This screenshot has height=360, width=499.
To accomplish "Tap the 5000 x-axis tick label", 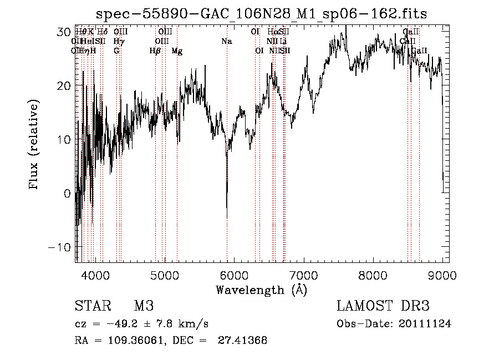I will click(165, 275).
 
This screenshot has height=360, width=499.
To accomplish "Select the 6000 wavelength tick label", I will click(234, 275).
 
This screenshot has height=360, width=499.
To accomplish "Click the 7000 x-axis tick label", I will click(303, 275).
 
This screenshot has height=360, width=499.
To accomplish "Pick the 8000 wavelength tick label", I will click(373, 275).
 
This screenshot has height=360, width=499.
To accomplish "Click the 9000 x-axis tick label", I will click(442, 275).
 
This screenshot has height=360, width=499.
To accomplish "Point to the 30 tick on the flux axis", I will click(63, 32).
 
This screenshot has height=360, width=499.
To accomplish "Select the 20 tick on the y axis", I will click(63, 86).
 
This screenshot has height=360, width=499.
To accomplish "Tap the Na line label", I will click(226, 41).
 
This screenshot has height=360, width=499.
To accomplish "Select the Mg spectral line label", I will click(177, 51).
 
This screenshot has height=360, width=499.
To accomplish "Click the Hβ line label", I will click(155, 51).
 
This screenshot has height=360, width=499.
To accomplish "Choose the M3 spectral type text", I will click(144, 306).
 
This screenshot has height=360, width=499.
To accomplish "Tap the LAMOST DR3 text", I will click(383, 306).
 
